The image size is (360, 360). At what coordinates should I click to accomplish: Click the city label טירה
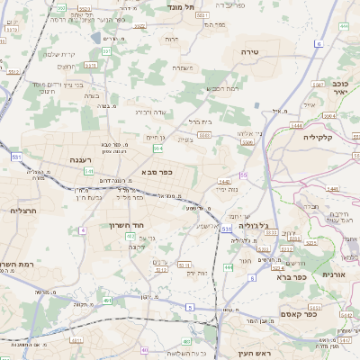[250, 53]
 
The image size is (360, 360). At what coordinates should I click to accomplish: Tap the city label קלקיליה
[318, 137]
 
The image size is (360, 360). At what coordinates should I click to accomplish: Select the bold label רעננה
[82, 159]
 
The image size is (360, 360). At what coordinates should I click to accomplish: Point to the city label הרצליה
[22, 210]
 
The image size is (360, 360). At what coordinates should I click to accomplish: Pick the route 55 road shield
[243, 175]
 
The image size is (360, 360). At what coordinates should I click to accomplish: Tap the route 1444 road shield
[298, 126]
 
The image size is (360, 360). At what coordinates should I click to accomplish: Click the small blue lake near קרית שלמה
[96, 38]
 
